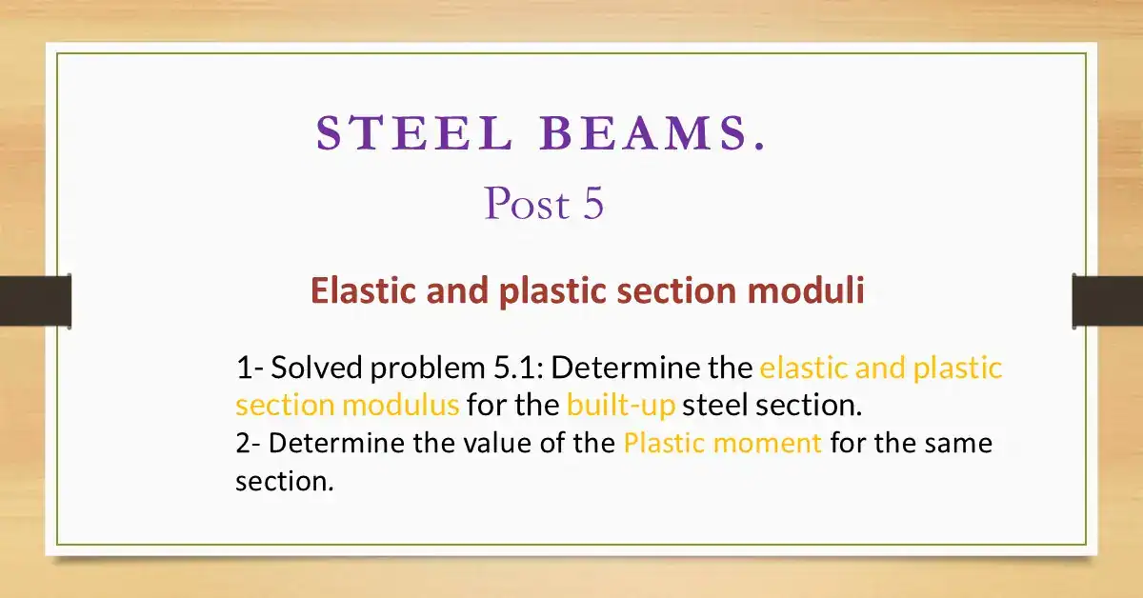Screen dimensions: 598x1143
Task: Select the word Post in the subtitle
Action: click(520, 204)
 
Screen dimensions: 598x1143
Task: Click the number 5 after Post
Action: click(592, 204)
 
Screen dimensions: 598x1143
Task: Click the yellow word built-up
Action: click(620, 406)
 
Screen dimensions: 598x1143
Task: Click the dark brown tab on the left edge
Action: click(35, 300)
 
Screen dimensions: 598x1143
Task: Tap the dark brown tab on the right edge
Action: click(1107, 300)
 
